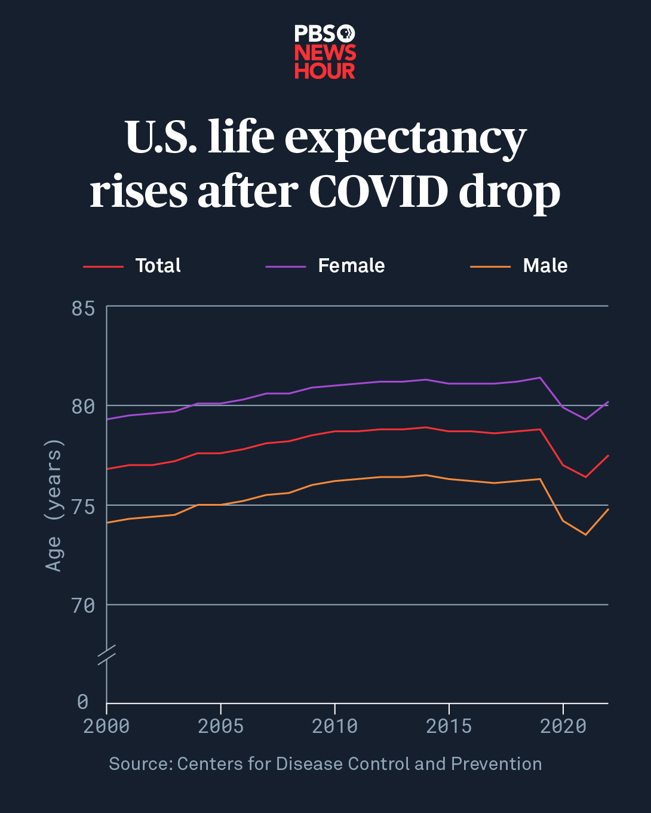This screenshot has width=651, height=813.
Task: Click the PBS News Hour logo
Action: (325, 52)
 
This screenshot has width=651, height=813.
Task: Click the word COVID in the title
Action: (378, 192)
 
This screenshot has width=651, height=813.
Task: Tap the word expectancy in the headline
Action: (406, 138)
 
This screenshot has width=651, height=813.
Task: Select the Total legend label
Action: (158, 265)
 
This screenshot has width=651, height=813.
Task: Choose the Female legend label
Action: (351, 265)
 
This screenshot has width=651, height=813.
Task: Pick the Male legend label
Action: (545, 265)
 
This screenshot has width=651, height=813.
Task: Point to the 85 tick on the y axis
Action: (83, 308)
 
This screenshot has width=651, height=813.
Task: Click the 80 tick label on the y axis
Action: (83, 406)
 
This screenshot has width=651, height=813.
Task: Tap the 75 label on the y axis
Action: (83, 506)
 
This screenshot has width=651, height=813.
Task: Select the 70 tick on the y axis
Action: (83, 606)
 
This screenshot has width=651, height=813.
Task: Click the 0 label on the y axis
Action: (83, 701)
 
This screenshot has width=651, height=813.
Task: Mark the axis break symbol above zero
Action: (107, 655)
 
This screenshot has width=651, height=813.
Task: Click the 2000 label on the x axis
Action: (107, 726)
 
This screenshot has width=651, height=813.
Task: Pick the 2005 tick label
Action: (221, 726)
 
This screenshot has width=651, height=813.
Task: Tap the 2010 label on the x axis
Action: (334, 726)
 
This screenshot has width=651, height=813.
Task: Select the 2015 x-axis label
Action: (449, 726)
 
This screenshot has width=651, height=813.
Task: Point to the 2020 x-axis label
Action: (563, 726)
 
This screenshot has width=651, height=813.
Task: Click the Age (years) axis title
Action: (54, 505)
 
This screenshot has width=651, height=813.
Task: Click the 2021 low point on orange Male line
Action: (586, 534)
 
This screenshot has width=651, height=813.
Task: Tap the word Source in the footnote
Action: (140, 764)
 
